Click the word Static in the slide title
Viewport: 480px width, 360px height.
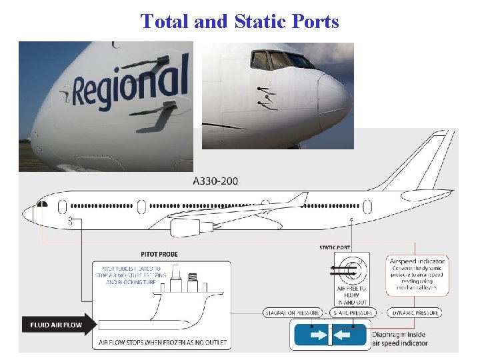click(261, 21)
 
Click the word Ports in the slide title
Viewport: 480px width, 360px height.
click(316, 21)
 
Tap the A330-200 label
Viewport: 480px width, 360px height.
click(215, 181)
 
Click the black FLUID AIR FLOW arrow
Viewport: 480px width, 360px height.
click(57, 325)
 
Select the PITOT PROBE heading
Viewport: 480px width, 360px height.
click(159, 254)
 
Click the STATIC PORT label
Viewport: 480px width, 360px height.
click(335, 248)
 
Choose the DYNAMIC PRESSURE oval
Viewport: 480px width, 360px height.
click(414, 312)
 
